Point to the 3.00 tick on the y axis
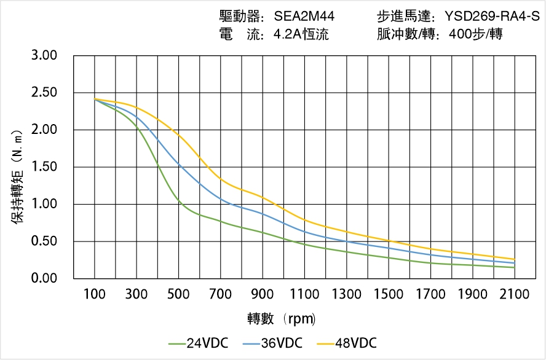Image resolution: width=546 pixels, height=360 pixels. click(44, 56)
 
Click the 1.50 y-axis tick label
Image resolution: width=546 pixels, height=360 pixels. click(44, 167)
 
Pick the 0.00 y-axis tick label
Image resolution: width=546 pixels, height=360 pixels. click(44, 278)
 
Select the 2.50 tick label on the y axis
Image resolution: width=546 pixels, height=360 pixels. click(44, 93)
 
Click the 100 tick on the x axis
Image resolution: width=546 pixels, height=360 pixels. click(95, 294)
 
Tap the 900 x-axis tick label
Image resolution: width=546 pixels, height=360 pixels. click(263, 294)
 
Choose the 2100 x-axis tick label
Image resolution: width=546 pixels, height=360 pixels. click(515, 294)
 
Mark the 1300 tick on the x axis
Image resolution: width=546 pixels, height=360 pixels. click(347, 294)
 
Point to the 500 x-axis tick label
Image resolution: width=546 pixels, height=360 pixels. click(178, 294)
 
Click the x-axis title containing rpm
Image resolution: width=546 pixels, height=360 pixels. click(282, 318)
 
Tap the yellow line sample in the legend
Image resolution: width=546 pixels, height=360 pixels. click(325, 343)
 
